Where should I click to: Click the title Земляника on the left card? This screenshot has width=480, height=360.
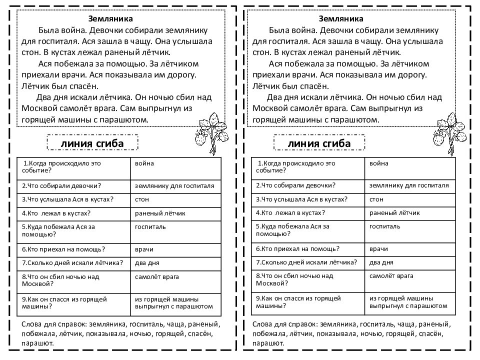click(x=110, y=19)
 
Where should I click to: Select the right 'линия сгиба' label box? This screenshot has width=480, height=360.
click(x=319, y=144)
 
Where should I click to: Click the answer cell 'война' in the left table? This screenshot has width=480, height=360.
click(x=144, y=163)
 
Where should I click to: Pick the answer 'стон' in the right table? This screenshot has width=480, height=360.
click(x=376, y=199)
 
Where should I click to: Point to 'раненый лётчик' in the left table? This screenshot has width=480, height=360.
click(x=160, y=213)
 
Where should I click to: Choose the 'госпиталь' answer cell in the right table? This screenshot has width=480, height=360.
click(x=384, y=226)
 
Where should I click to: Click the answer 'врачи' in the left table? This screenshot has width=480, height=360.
click(x=144, y=249)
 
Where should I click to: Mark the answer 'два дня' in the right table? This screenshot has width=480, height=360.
click(x=381, y=262)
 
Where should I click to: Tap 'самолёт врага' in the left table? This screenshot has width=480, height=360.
click(x=156, y=276)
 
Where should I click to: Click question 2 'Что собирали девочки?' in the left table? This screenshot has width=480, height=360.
click(x=61, y=186)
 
